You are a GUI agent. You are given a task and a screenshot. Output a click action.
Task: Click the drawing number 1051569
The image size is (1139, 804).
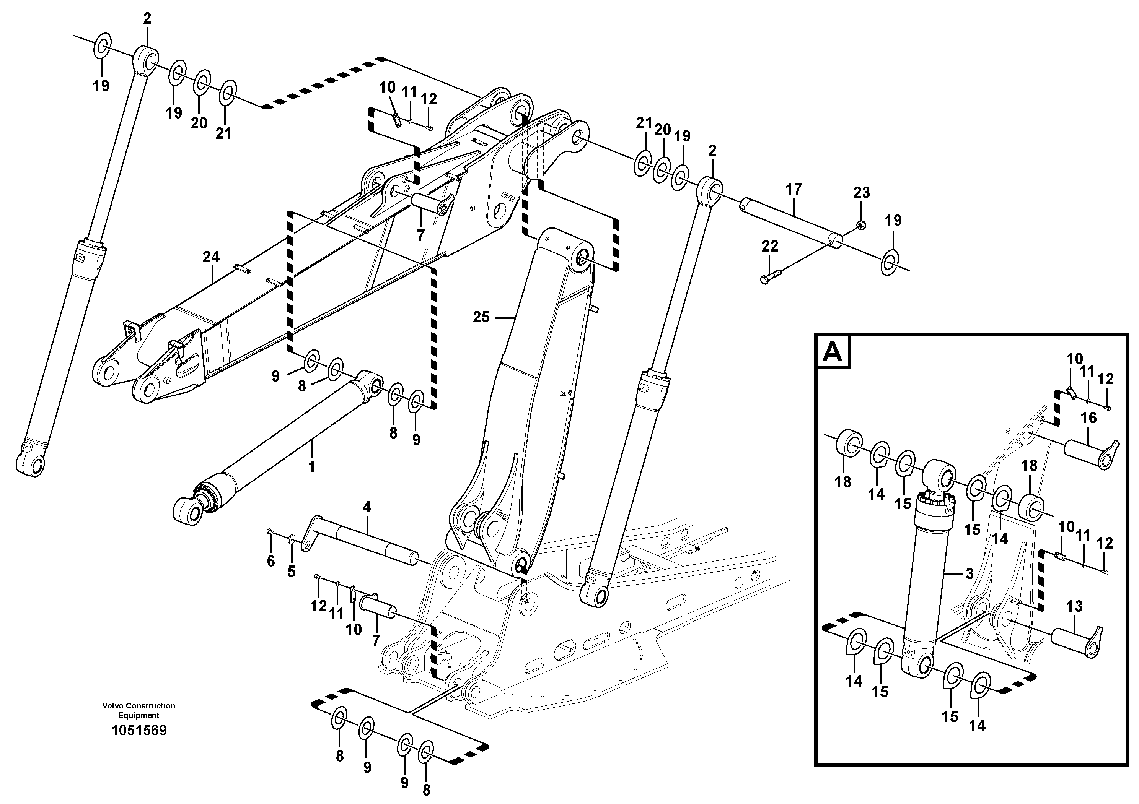(139, 730)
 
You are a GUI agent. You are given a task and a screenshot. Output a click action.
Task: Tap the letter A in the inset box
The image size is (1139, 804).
(833, 352)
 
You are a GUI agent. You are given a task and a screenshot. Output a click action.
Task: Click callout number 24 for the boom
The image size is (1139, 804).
(211, 257)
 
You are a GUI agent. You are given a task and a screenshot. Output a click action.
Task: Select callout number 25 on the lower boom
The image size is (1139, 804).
(481, 317)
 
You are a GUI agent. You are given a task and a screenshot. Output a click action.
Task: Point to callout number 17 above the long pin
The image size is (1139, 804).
(794, 189)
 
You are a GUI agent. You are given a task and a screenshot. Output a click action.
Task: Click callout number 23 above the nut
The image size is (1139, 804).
(861, 192)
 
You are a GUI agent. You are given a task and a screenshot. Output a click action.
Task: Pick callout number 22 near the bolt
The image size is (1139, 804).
(769, 246)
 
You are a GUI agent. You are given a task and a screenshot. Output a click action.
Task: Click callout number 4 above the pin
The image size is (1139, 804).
(367, 507)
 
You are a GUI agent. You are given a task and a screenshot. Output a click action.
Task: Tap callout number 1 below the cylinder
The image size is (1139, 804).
(311, 467)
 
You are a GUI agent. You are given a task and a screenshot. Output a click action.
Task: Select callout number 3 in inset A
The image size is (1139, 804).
(970, 573)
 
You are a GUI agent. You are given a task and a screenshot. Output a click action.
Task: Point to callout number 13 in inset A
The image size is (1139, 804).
(1074, 606)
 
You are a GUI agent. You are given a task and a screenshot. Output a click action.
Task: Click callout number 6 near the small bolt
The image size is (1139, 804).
(270, 561)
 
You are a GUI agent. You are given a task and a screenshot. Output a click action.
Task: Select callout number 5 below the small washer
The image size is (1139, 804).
(291, 571)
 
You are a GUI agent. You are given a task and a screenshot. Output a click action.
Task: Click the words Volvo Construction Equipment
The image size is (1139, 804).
(139, 710)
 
